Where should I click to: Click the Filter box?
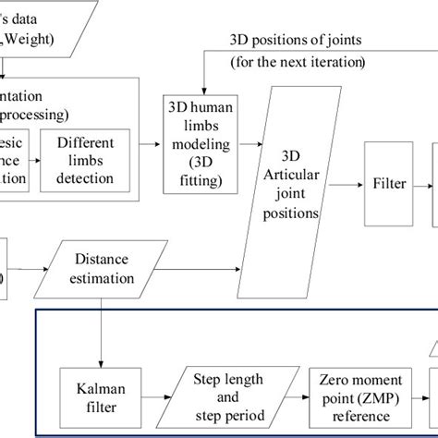coord(390,184)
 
